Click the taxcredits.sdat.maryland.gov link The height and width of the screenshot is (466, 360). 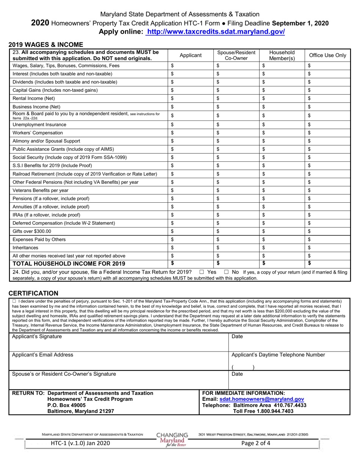coord(215,32)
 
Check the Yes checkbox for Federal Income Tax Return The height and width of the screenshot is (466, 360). coord(202,272)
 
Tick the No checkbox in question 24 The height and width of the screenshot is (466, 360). coord(227,272)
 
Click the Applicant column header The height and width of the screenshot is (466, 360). coord(190,55)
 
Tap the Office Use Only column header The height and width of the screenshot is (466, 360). coord(327,55)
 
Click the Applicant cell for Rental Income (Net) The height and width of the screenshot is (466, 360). coord(190,99)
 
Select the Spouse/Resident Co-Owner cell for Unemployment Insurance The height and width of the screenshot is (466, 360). coord(236,125)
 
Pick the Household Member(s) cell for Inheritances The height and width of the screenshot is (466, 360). coord(282,248)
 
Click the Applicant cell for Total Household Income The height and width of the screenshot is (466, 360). coord(190,263)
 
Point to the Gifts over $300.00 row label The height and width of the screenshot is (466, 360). coord(32,231)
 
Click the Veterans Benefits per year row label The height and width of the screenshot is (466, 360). coord(41,190)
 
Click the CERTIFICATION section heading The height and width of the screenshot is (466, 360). coord(33,293)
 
